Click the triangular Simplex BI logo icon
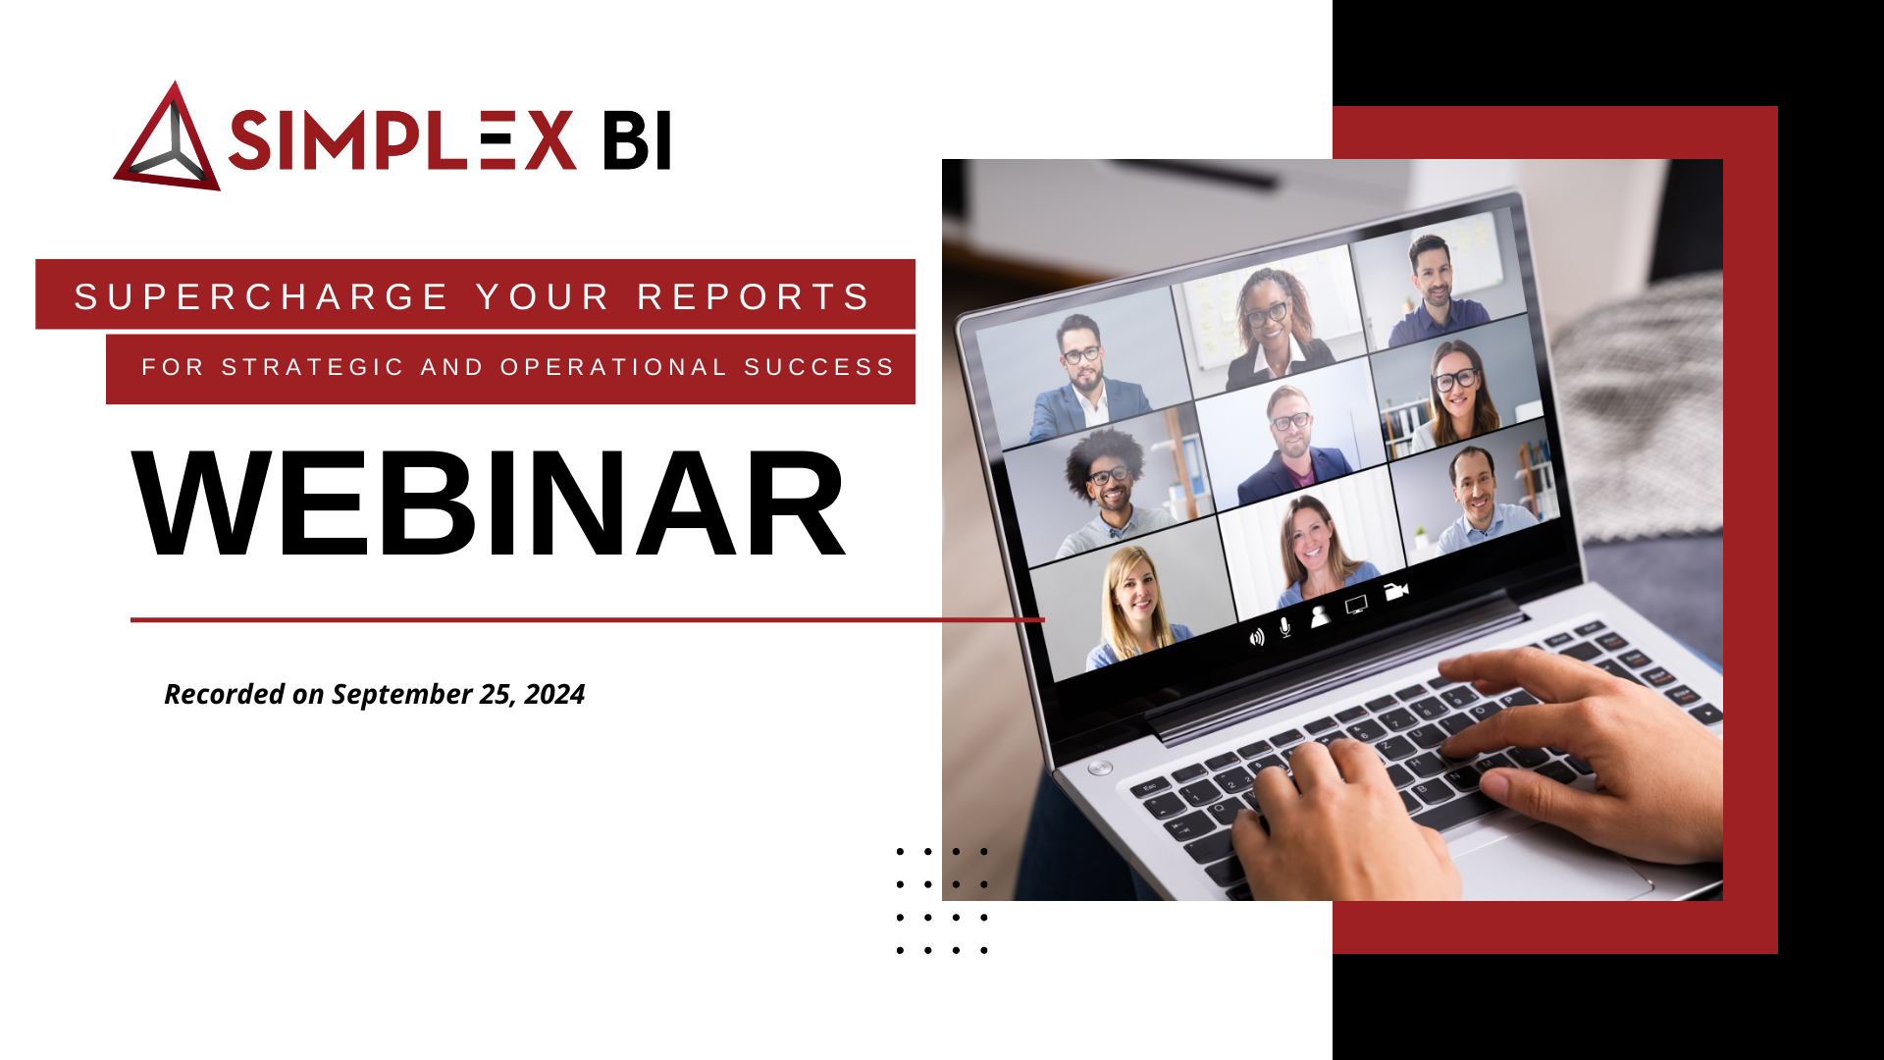pos(167,140)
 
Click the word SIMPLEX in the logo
pos(401,140)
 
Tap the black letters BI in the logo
pos(637,140)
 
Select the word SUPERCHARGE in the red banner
pos(261,296)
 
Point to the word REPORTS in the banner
pos(754,296)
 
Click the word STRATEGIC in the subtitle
pos(313,367)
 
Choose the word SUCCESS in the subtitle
pos(819,367)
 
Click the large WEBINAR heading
pos(488,504)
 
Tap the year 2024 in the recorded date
pos(554,694)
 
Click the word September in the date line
pos(402,694)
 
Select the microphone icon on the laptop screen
pos(1285,626)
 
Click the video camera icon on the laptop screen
pos(1396,591)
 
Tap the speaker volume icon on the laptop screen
pos(1256,638)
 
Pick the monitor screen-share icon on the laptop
pos(1356,605)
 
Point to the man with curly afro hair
pos(1109,481)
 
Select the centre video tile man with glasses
pos(1290,432)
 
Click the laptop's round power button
pos(1100,768)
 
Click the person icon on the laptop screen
pos(1321,615)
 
